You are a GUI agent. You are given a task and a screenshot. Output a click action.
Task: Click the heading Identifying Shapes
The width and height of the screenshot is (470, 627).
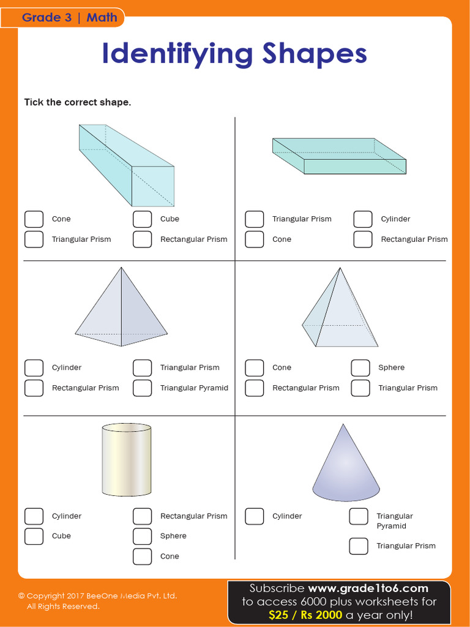click(x=234, y=54)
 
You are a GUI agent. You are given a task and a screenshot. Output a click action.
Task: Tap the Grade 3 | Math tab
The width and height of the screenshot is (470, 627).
click(x=69, y=18)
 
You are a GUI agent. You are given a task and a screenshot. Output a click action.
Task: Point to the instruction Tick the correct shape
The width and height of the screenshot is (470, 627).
click(x=78, y=102)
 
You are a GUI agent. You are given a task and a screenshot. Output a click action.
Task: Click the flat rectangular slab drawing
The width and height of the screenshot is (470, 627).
click(x=339, y=157)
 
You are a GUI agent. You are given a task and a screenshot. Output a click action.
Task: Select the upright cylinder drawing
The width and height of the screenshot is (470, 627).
click(x=127, y=459)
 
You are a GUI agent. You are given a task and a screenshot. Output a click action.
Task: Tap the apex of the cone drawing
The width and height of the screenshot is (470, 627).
click(x=343, y=425)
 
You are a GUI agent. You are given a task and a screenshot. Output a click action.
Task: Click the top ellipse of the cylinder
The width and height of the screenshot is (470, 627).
click(x=127, y=428)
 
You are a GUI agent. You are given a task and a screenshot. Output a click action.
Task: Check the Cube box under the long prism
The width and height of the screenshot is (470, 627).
click(x=142, y=219)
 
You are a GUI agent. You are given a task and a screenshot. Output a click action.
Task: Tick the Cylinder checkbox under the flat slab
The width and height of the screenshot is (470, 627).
click(x=363, y=219)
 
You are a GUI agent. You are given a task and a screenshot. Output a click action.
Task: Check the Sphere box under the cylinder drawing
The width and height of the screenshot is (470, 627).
click(x=142, y=536)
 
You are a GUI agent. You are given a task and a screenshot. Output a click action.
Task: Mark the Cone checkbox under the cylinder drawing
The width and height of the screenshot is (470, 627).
click(x=142, y=557)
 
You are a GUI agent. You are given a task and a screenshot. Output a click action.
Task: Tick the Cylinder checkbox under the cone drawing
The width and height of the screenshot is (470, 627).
click(x=255, y=516)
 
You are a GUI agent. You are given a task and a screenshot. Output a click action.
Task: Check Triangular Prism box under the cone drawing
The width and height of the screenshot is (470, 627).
click(x=359, y=546)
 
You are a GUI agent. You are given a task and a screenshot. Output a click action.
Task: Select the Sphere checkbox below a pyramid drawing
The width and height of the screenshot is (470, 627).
click(x=360, y=368)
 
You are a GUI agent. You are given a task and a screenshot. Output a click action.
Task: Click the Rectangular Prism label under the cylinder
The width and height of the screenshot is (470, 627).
click(x=193, y=516)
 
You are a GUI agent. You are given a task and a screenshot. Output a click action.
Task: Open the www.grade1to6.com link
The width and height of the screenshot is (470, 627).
click(x=368, y=588)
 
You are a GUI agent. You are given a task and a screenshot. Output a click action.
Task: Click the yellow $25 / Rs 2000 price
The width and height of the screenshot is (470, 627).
click(x=305, y=615)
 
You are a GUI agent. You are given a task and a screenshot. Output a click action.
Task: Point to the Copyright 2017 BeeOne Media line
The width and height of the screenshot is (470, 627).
click(x=98, y=596)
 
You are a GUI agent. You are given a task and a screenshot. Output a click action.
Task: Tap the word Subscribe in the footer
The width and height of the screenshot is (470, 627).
click(x=277, y=588)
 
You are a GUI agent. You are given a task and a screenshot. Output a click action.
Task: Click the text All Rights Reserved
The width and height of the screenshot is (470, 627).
click(x=63, y=606)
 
